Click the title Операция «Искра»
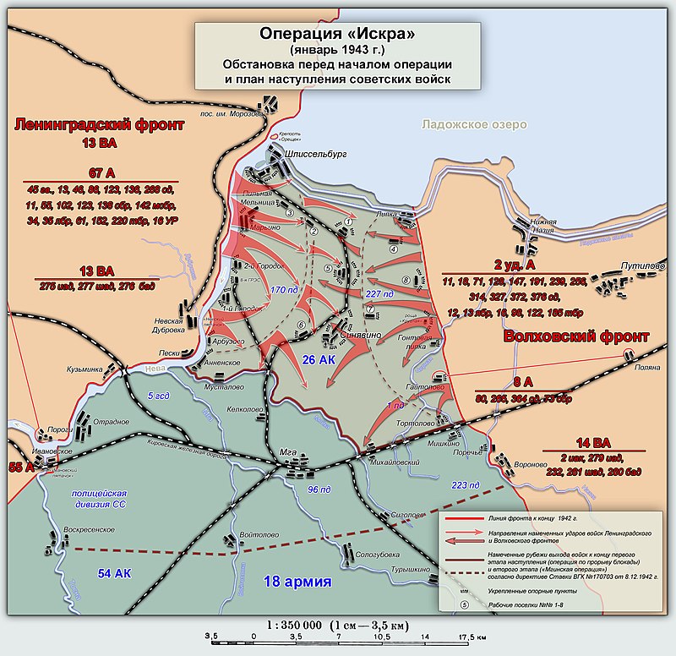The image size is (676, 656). click(x=338, y=36)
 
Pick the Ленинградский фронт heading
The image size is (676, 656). click(x=99, y=125)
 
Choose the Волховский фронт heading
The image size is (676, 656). click(x=575, y=336)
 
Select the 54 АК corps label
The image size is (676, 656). click(x=115, y=573)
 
